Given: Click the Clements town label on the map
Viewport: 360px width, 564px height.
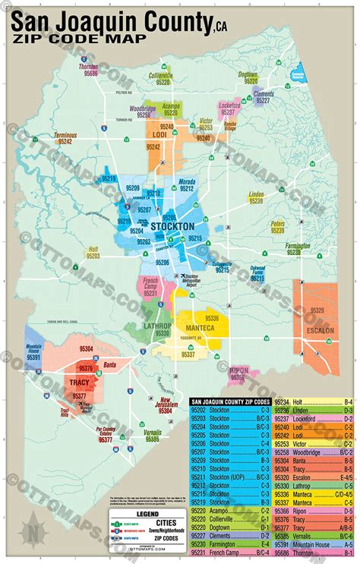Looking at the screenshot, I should click(x=264, y=93).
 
